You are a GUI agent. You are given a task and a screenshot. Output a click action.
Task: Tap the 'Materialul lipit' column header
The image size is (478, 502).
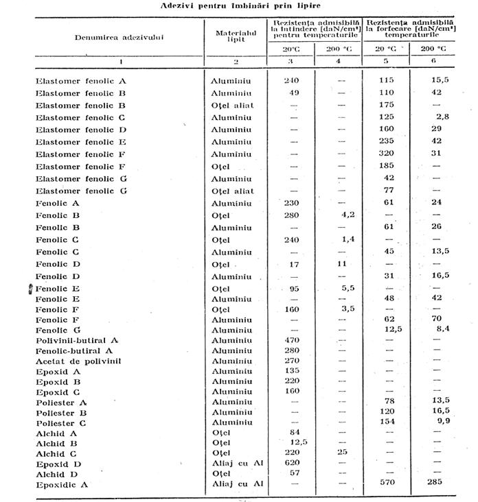pyautogui.click(x=235, y=36)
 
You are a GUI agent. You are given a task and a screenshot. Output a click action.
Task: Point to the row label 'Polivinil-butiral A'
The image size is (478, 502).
pyautogui.click(x=78, y=340)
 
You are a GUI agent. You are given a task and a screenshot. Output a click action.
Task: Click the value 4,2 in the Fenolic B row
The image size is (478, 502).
pyautogui.click(x=347, y=214)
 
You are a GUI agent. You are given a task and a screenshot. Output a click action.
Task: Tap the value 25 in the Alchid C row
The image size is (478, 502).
pyautogui.click(x=342, y=453)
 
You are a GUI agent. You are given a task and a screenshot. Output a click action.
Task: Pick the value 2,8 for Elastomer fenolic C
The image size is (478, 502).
pyautogui.click(x=442, y=118)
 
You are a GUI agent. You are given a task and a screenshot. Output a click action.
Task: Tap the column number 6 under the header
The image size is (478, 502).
pyautogui.click(x=432, y=62)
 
